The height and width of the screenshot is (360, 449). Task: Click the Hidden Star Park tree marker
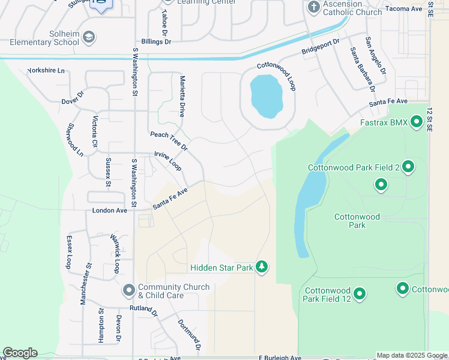point(261,266)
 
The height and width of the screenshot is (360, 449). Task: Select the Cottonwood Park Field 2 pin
point(408,167)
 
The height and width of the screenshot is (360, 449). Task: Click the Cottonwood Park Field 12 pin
point(360,294)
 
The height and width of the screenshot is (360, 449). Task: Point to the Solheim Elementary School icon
point(89,38)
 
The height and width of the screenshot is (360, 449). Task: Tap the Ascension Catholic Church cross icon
point(313,7)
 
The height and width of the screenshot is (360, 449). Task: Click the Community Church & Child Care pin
point(128,290)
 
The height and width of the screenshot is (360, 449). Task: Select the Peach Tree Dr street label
point(169,141)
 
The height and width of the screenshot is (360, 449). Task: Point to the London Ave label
point(109,211)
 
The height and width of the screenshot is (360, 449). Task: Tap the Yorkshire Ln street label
point(46,70)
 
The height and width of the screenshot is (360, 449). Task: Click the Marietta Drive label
point(181,96)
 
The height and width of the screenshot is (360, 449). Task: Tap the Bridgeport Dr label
point(321,47)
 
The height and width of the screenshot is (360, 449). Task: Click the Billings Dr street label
point(156,41)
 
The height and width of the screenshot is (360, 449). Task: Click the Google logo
point(20,353)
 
